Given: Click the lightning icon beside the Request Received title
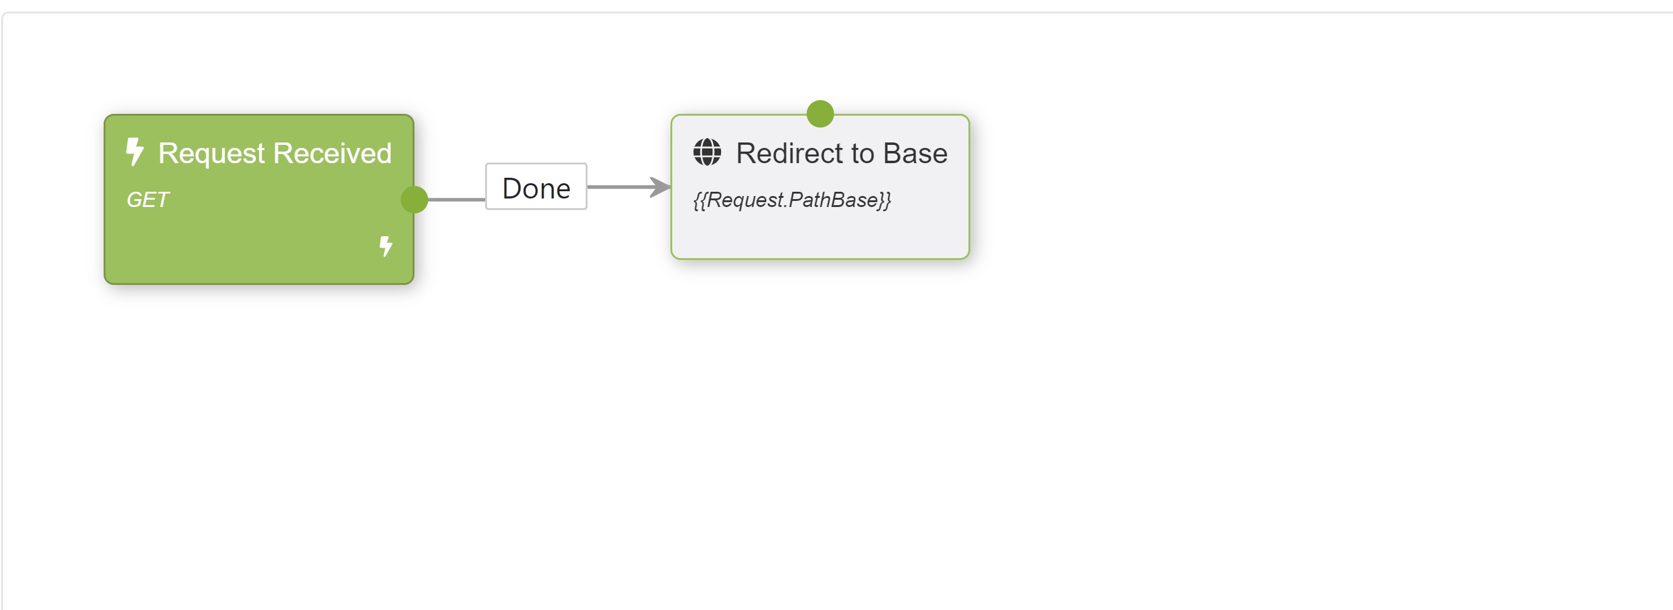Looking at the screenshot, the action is click(135, 151).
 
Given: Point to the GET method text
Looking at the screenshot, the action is click(147, 200).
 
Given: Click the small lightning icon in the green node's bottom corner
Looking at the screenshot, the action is click(386, 246).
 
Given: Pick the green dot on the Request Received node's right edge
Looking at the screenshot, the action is click(414, 199).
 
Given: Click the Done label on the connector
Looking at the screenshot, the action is click(536, 188).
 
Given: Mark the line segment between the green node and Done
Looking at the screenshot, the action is click(456, 199).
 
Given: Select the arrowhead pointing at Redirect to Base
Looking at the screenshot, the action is click(661, 187).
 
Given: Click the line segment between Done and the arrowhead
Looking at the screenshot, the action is click(617, 187).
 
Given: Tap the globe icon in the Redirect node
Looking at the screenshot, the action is click(706, 152).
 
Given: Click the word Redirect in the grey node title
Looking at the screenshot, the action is click(789, 154).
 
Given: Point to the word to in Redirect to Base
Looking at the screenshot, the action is click(863, 154).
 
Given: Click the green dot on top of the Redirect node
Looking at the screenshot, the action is click(820, 114).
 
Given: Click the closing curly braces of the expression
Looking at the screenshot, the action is click(884, 200).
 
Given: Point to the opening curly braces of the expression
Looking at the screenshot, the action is click(700, 200).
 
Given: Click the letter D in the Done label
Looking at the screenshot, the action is click(513, 188).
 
